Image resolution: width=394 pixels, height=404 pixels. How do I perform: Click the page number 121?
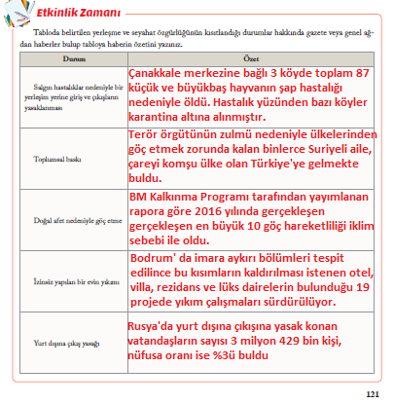[371, 394]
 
